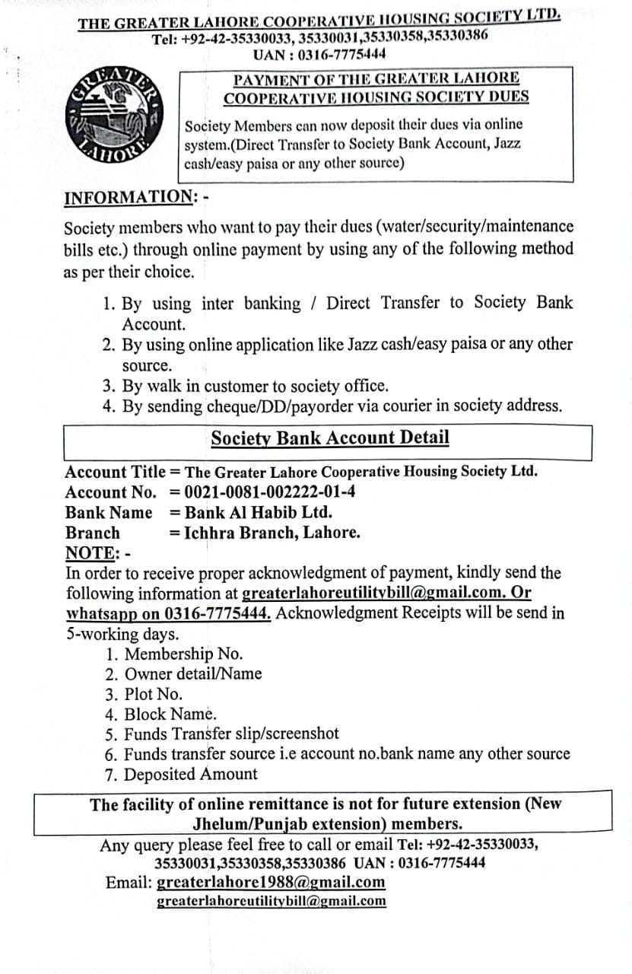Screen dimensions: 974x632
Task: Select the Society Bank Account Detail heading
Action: click(330, 438)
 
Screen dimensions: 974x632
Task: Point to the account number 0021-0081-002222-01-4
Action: click(269, 492)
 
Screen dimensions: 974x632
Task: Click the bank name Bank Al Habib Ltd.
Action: click(258, 512)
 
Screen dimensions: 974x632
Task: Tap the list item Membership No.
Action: click(183, 654)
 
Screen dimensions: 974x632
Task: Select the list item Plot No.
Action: click(152, 694)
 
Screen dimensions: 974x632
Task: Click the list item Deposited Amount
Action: click(189, 775)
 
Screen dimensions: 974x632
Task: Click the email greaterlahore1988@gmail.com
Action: click(271, 883)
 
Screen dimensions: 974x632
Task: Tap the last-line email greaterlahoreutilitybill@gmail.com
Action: click(271, 902)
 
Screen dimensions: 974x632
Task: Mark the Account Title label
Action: click(115, 472)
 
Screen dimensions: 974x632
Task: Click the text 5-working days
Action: click(113, 634)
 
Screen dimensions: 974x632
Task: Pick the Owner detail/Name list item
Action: click(192, 673)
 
